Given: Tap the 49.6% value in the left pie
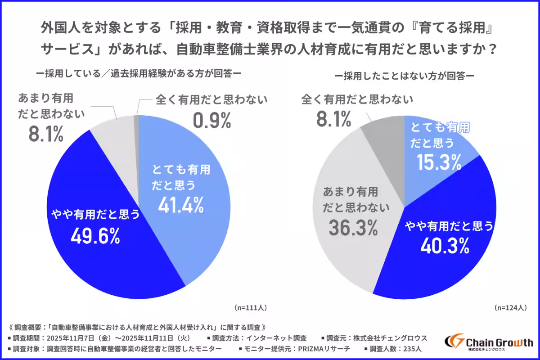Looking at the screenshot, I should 95,236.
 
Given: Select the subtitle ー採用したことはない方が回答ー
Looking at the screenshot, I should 405,76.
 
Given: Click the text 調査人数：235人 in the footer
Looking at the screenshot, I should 392,349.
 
